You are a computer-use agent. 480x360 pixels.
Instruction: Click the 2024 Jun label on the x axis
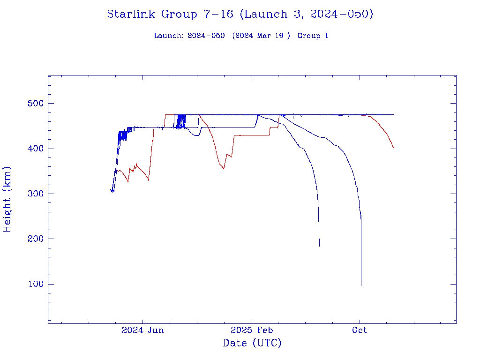pos(142,330)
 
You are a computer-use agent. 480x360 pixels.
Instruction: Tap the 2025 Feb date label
pos(251,330)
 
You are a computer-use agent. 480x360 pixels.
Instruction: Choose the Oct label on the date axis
pos(360,330)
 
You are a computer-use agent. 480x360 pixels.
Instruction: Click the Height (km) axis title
pos(7,199)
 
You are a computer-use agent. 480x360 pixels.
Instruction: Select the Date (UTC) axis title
pos(252,343)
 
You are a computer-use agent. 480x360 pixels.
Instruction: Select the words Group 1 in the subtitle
pos(313,36)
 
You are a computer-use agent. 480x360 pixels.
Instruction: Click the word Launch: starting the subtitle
pos(169,36)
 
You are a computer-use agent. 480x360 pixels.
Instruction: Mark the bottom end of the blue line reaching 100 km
pos(361,285)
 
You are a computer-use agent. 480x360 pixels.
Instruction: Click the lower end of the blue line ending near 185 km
pos(319,246)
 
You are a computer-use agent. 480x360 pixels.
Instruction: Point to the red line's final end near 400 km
pos(394,148)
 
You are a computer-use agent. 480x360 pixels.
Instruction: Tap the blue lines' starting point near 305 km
pos(112,191)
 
